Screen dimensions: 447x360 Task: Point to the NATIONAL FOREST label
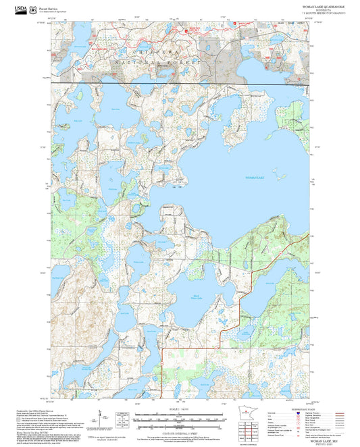159,61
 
